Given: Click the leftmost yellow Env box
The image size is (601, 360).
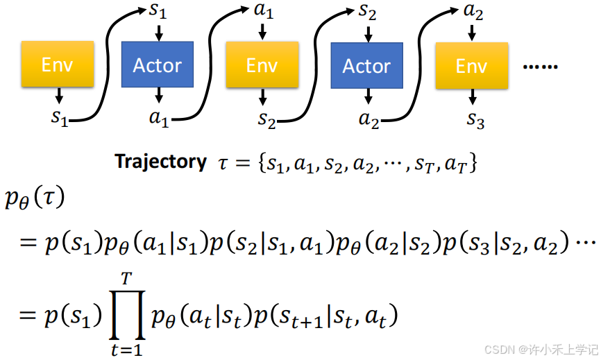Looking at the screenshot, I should [58, 65].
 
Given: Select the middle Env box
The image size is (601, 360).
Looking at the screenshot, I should [262, 66].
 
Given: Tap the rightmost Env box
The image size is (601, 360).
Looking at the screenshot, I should [471, 67].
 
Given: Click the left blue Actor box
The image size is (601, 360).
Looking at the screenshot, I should [158, 65].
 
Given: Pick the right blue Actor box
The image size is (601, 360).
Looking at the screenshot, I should [366, 66].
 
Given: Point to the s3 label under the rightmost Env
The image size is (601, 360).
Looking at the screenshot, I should [475, 119].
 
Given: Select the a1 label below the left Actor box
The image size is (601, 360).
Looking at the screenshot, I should [159, 118].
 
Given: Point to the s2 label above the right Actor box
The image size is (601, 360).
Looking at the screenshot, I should [368, 12].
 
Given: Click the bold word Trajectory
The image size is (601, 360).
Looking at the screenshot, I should [160, 162].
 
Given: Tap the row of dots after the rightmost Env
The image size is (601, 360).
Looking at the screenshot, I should [540, 67].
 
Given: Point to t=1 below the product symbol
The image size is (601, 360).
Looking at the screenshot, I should [126, 350].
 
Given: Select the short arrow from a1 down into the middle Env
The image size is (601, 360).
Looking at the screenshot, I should [262, 31].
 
